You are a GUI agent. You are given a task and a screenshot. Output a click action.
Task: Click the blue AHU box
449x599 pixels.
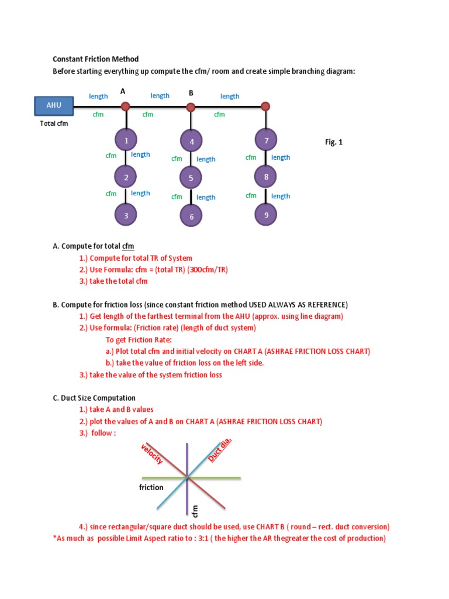[x=54, y=106]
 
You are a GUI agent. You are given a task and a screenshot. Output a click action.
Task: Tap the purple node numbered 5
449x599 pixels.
[x=191, y=178]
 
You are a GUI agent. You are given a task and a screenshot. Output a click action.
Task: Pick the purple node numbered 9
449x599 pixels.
[x=266, y=215]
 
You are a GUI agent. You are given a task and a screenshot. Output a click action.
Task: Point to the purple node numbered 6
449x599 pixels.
[x=191, y=216]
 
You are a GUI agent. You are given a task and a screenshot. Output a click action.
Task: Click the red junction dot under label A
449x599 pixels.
[x=125, y=106]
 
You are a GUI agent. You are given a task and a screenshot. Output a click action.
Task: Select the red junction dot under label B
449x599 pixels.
[x=191, y=107]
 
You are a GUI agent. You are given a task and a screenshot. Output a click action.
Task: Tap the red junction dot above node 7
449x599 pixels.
[x=265, y=106]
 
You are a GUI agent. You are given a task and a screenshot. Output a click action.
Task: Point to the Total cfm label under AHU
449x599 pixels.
[x=54, y=124]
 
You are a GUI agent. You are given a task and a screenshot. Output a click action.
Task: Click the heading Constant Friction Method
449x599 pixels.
[x=96, y=59]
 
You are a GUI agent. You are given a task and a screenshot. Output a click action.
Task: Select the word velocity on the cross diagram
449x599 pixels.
[x=152, y=455]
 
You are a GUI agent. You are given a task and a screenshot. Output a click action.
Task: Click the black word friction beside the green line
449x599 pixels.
[x=151, y=487]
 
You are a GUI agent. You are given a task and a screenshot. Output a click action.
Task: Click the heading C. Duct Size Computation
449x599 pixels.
[x=94, y=398]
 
